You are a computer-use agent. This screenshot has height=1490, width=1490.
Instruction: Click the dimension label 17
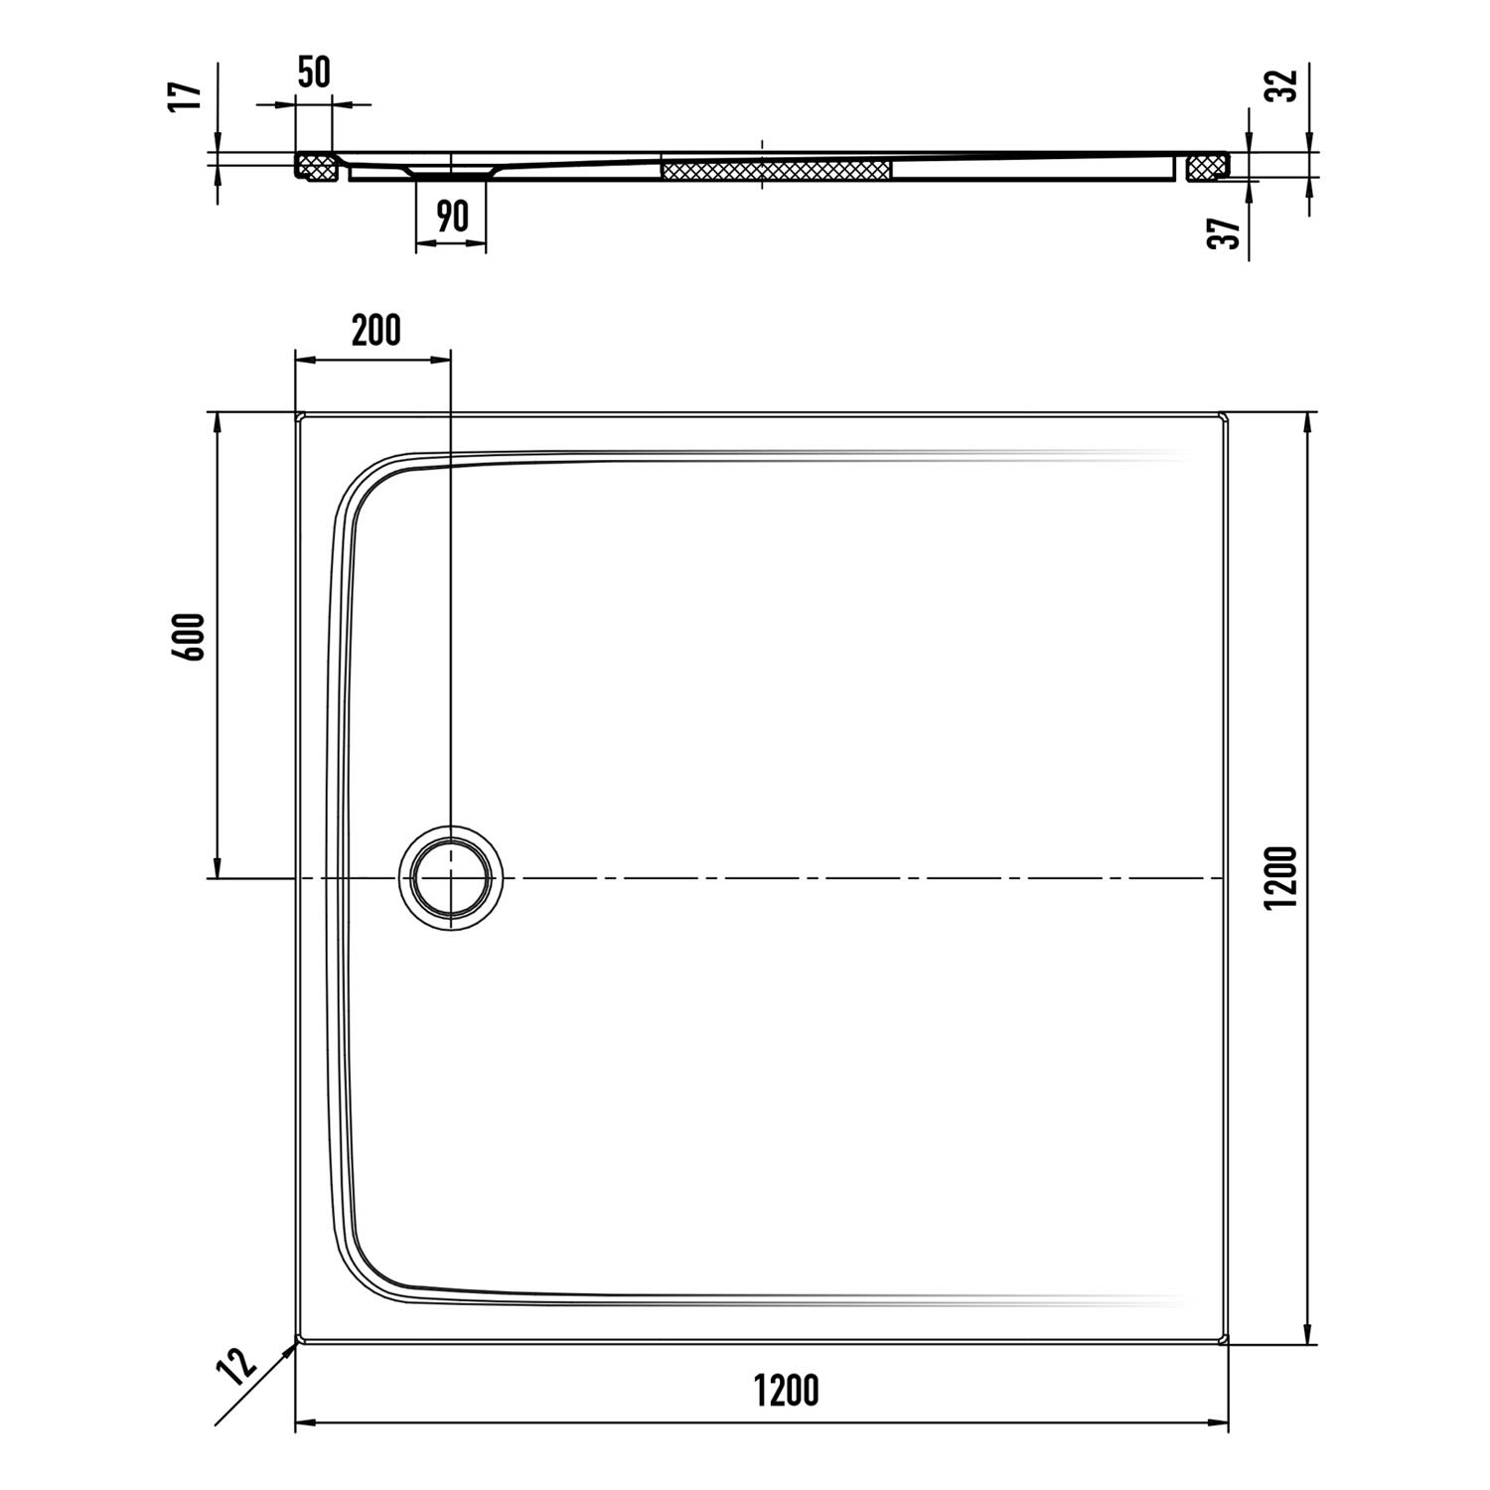pyautogui.click(x=187, y=96)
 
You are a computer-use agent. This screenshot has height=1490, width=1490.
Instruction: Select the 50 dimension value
pyautogui.click(x=314, y=74)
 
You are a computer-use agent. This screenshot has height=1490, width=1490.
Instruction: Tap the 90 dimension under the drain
pyautogui.click(x=452, y=216)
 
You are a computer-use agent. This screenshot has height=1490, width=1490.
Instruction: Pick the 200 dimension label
pyautogui.click(x=376, y=331)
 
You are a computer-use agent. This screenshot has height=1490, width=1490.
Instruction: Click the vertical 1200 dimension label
pyautogui.click(x=1282, y=876)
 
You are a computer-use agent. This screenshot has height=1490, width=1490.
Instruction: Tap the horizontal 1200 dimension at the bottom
pyautogui.click(x=787, y=1391)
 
